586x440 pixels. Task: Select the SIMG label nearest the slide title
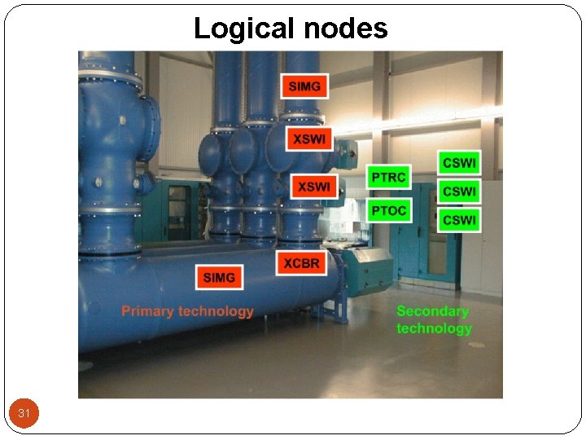pos(304,86)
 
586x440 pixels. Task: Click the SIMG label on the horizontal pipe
pos(219,277)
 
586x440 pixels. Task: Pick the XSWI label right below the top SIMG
pos(308,139)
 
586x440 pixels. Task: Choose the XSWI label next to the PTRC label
pos(313,187)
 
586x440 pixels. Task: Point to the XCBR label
pos(302,262)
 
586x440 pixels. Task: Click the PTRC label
pos(388,178)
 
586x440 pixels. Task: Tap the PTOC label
pos(388,210)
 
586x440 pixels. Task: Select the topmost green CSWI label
pos(460,163)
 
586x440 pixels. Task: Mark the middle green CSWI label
pos(460,191)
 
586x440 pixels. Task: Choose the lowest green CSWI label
pos(460,220)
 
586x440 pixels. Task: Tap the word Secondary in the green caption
pos(432,311)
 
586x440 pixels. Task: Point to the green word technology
pos(434,328)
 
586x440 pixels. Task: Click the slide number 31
pos(24,414)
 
